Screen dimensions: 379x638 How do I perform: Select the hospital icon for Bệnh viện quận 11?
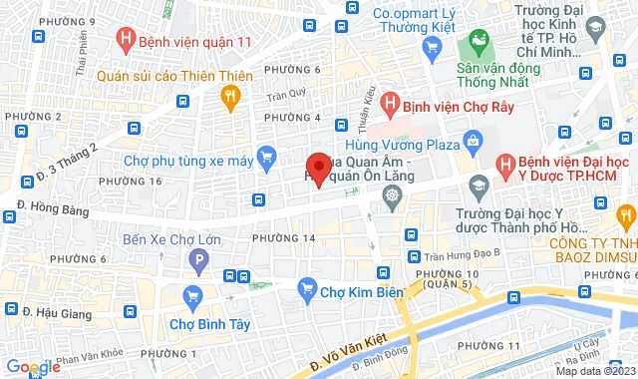pyautogui.click(x=127, y=41)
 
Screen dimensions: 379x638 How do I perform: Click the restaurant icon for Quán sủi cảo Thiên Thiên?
pyautogui.click(x=230, y=96)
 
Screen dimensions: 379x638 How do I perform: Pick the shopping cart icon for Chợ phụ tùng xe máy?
pyautogui.click(x=266, y=157)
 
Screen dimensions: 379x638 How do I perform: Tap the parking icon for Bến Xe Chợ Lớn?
pyautogui.click(x=198, y=264)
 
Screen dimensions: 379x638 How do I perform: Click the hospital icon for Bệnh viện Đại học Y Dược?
pyautogui.click(x=506, y=164)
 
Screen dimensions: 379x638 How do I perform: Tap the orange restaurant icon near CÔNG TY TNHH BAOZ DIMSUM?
pyautogui.click(x=626, y=214)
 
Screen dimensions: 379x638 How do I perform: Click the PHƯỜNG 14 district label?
pyautogui.click(x=283, y=238)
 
